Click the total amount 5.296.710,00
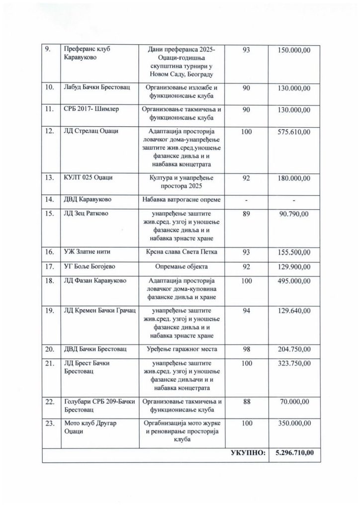293,454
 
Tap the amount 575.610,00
293,133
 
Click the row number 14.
50,200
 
